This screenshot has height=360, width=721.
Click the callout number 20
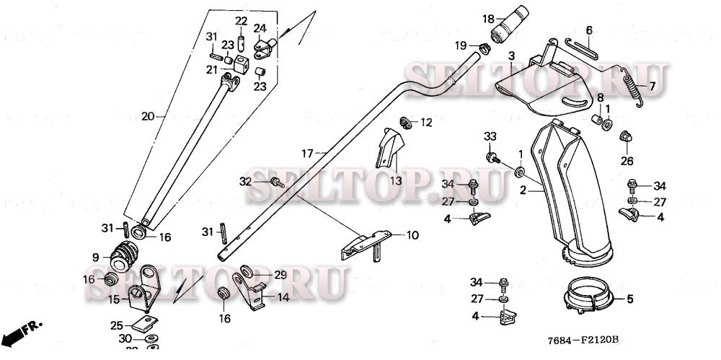pos(148,116)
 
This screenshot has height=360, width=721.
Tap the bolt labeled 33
pos(494,157)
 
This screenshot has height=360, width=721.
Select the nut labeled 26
pos(626,136)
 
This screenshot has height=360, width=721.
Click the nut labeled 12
pos(407,123)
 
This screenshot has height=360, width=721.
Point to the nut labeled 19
pos(485,49)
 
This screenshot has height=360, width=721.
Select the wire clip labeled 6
pos(581,49)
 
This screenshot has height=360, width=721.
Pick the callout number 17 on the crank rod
pos(307,153)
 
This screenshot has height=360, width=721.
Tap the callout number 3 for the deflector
pos(510,56)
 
